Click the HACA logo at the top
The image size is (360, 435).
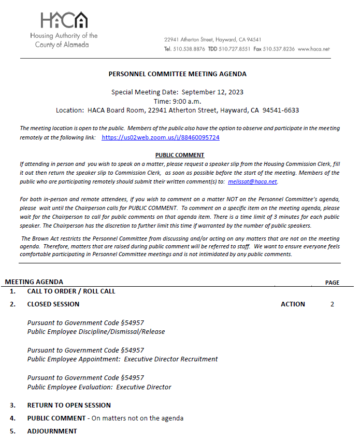[64, 21]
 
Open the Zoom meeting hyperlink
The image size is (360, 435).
[161, 137]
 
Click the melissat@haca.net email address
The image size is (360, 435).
[252, 182]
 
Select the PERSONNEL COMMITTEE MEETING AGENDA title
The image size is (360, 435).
[178, 74]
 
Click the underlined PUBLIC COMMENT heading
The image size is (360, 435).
[180, 155]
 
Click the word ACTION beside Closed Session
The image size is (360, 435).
[293, 304]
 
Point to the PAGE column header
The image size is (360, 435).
[332, 283]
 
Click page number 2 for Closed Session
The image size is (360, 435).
[332, 304]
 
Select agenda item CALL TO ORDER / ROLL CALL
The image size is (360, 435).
[71, 291]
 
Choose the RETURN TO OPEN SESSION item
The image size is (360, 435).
[69, 405]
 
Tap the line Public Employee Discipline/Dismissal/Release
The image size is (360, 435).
[96, 332]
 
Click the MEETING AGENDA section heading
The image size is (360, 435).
[34, 282]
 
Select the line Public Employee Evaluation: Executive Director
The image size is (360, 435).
[99, 387]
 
